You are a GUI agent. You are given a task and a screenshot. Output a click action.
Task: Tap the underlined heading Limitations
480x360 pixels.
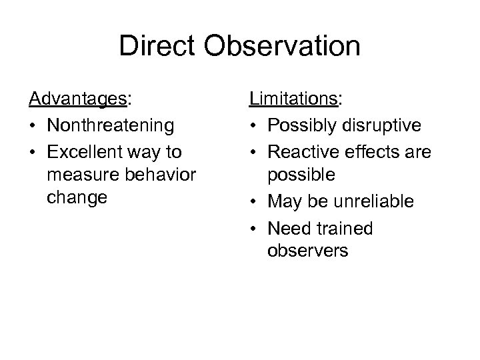(293, 100)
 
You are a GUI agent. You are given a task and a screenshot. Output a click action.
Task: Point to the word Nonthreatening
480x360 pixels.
(109, 125)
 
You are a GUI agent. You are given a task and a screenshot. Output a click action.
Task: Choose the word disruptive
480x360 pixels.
(383, 125)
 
